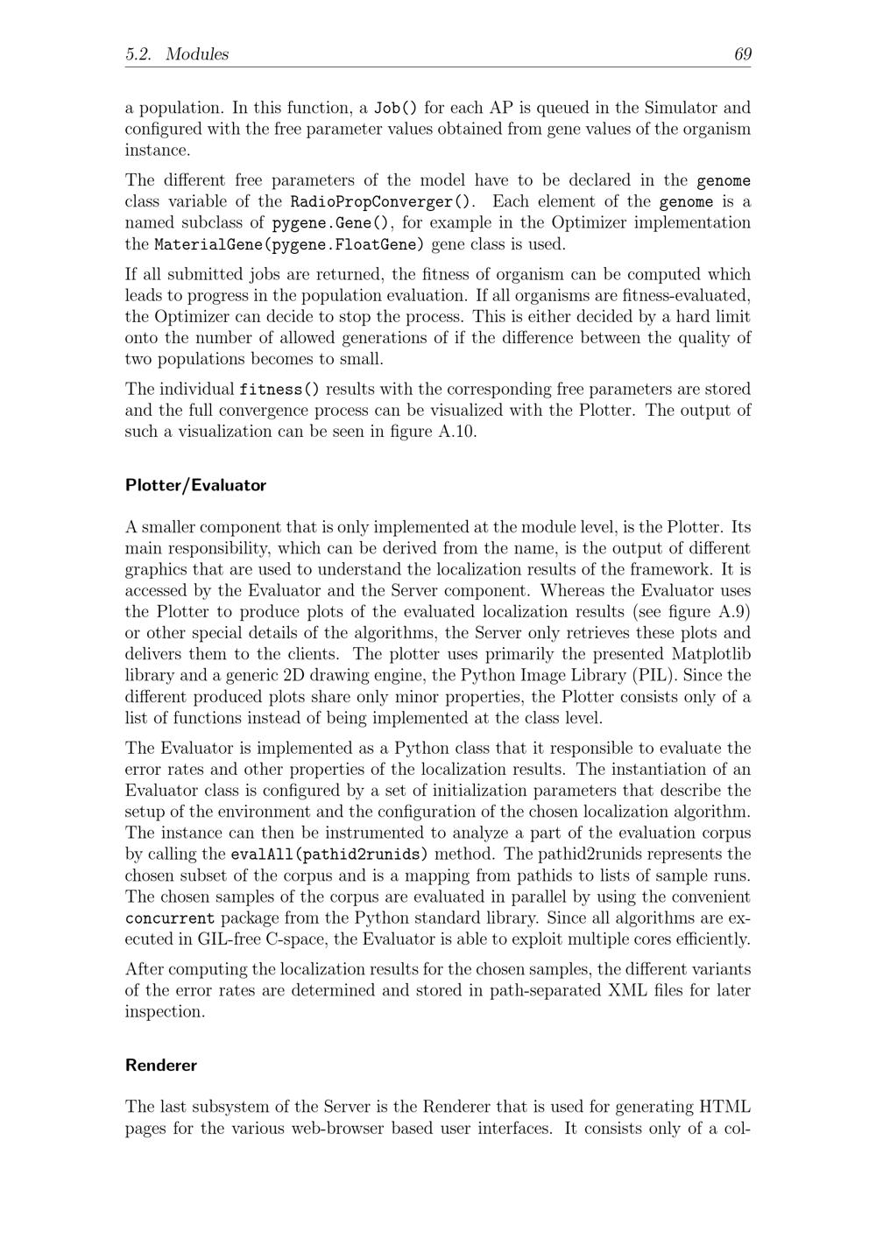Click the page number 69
(x=742, y=54)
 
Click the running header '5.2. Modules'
(x=177, y=54)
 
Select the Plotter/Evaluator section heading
(x=195, y=485)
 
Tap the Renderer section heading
(x=161, y=1066)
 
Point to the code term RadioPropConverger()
(x=382, y=202)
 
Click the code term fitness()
(x=279, y=390)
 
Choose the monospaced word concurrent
(x=170, y=918)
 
